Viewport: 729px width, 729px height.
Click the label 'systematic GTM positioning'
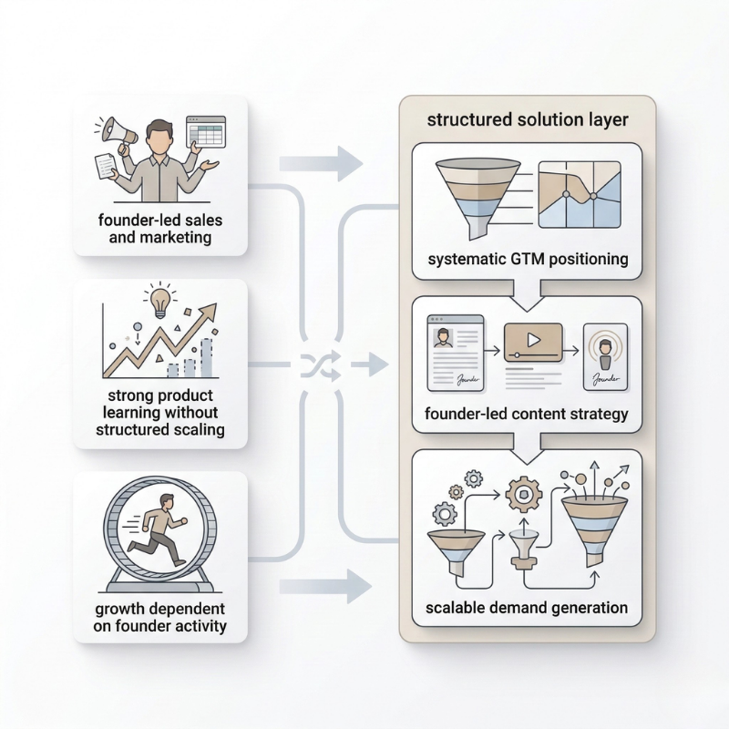tap(528, 259)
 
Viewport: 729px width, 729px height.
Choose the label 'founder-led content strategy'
tap(527, 415)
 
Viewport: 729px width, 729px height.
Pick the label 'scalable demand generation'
tap(527, 607)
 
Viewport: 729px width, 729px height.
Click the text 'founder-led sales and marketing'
tap(160, 229)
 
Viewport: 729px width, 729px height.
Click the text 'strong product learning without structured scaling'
tap(160, 413)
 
